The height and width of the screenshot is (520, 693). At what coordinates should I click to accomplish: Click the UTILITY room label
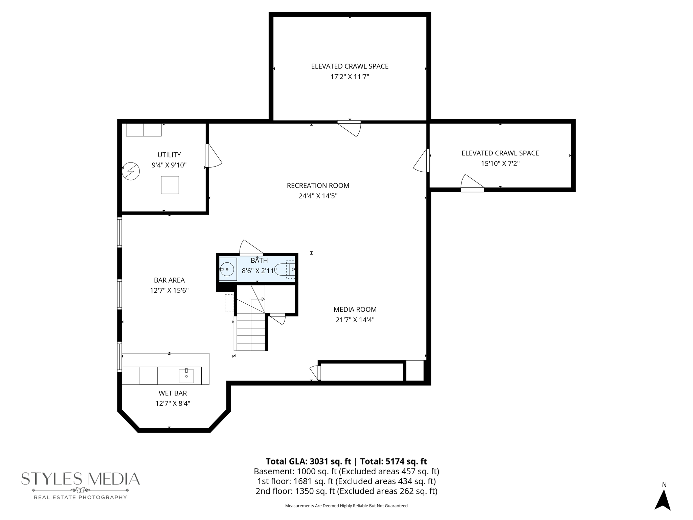tap(169, 155)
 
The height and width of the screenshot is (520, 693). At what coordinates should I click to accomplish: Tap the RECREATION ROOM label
tap(318, 186)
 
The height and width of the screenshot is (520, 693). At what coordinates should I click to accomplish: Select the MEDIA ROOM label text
tap(355, 309)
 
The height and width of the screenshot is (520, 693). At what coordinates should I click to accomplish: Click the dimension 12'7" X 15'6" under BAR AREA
tap(169, 290)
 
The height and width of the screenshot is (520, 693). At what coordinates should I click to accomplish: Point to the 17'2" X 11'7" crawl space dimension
tap(350, 77)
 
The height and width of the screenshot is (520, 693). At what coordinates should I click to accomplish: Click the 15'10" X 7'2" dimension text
tap(500, 164)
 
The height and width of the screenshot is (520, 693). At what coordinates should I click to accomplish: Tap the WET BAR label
tap(173, 393)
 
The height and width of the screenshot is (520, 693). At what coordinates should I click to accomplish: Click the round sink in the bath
tap(227, 269)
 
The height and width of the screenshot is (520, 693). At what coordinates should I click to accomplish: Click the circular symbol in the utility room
tap(131, 171)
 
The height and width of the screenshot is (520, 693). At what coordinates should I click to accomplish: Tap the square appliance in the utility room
tap(170, 185)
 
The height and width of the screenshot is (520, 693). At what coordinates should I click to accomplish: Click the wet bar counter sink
tap(186, 376)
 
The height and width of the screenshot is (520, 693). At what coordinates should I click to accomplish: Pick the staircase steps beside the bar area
tap(251, 332)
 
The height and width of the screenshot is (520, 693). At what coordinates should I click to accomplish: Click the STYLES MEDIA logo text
tap(81, 479)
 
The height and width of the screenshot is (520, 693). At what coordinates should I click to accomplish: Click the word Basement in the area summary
tap(269, 471)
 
